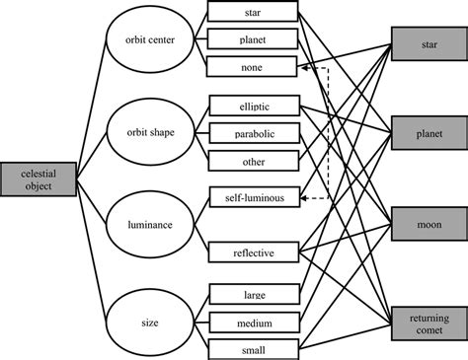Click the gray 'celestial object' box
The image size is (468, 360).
(37, 178)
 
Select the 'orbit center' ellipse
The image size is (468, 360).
(139, 41)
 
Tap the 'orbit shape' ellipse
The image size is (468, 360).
(139, 131)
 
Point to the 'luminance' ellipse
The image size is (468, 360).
(139, 225)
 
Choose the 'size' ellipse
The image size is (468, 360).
(139, 320)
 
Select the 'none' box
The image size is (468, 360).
(253, 68)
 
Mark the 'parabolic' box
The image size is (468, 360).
(253, 132)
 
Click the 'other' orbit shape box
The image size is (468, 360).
(253, 159)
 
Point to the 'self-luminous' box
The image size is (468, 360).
(253, 198)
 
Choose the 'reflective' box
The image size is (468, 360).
(253, 252)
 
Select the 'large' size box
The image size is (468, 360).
(253, 293)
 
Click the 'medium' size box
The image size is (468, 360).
(253, 320)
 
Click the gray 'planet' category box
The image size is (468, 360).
(429, 131)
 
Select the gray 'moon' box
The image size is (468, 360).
(429, 225)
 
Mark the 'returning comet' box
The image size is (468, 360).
(429, 320)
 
